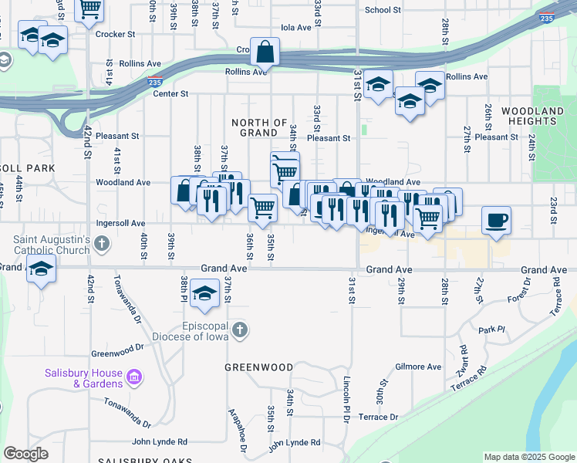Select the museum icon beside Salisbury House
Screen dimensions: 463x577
(134, 377)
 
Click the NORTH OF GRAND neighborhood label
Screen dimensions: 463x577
(260, 127)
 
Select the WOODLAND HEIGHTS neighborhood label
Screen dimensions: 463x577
(532, 117)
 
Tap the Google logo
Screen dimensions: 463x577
(25, 454)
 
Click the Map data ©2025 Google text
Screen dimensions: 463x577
(529, 457)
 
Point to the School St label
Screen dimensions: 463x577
(383, 10)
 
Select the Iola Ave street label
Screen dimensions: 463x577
(296, 27)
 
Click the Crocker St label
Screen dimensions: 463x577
(115, 34)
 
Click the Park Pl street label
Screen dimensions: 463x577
(491, 330)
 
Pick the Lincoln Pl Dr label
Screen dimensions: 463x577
(346, 400)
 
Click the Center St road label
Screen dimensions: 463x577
(170, 93)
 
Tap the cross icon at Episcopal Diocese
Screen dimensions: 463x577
(240, 330)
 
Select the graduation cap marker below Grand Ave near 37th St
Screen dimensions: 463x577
(204, 294)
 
